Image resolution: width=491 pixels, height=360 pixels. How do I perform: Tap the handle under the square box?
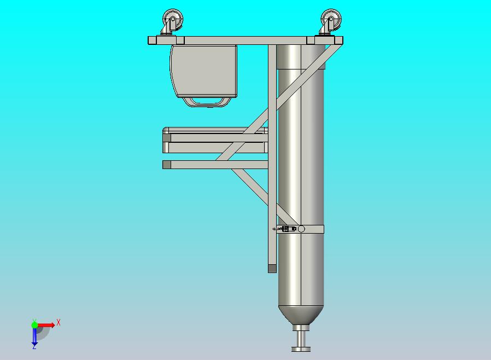(207, 102)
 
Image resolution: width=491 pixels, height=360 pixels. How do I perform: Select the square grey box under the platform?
(203, 71)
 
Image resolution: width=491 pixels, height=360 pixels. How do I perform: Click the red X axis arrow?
(46, 325)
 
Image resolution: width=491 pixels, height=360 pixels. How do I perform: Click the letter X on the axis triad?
(59, 322)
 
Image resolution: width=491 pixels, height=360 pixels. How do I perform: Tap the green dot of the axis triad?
(34, 325)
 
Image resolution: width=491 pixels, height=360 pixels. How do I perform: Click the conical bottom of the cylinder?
(301, 315)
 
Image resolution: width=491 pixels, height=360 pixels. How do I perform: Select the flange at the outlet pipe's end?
(301, 349)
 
